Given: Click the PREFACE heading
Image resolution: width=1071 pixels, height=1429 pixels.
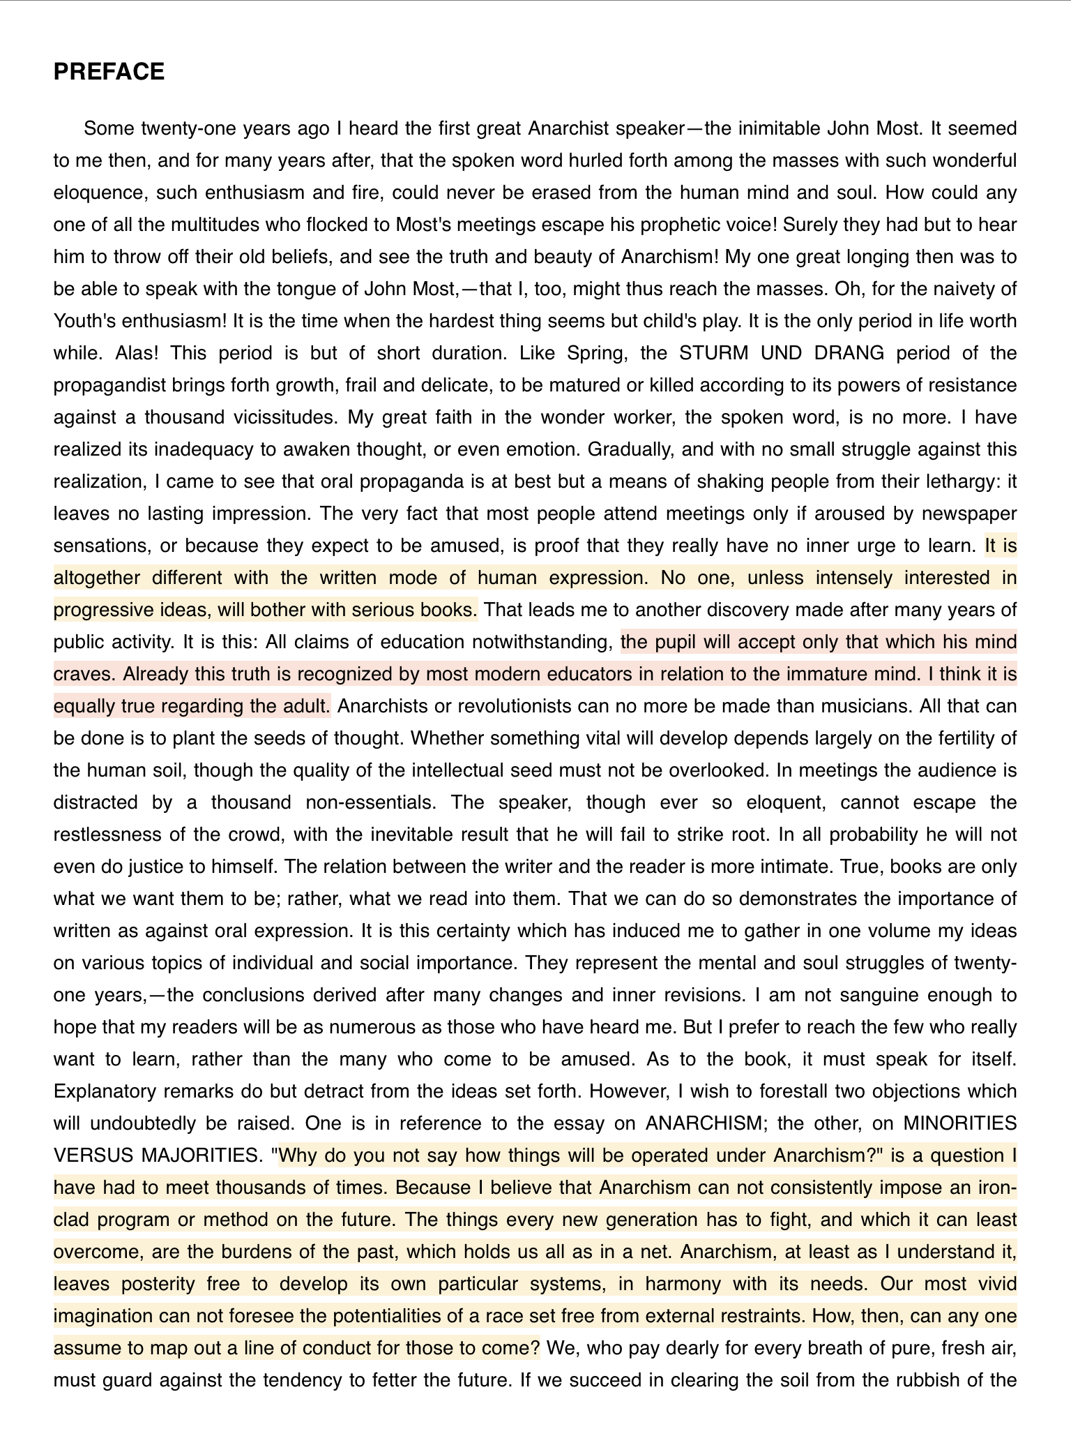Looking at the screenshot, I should coord(109,72).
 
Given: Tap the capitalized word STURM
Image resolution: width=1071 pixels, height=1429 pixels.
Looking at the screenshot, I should coord(715,353).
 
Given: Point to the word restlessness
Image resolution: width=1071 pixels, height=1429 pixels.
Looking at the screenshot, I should coord(125,835).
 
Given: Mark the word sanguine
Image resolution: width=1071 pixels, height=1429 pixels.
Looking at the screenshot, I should coord(878,995).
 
